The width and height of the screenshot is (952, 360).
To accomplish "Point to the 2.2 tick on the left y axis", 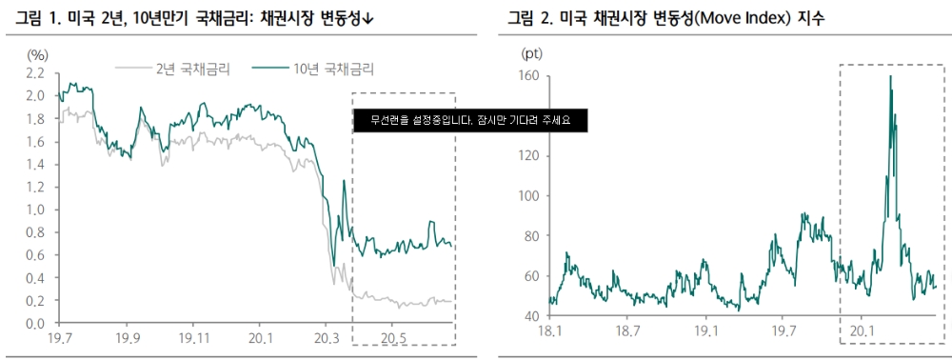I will (x=35, y=73).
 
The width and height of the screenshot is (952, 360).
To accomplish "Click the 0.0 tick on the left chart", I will (x=35, y=324).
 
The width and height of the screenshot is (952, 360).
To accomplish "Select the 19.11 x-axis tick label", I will (x=193, y=339).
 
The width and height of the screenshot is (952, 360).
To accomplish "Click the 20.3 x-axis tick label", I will (x=327, y=339).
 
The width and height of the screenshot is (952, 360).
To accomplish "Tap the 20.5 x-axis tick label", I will (x=392, y=339).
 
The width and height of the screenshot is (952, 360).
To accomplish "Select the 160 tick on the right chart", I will (x=528, y=75).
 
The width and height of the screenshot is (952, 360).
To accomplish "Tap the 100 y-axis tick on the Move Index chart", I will (x=528, y=196).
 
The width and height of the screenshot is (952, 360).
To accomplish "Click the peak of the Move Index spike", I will (x=890, y=77).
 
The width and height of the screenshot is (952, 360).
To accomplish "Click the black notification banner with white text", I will (x=469, y=120).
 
